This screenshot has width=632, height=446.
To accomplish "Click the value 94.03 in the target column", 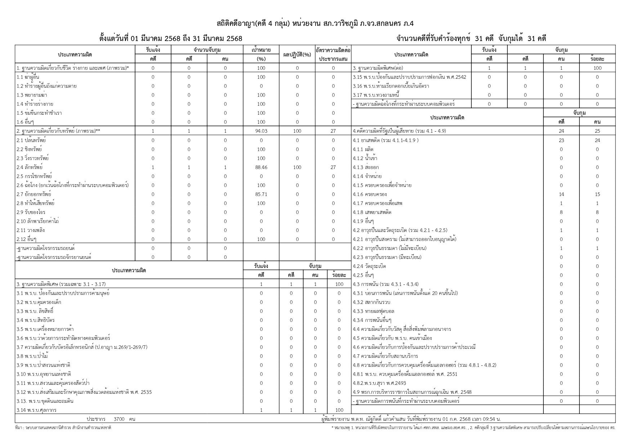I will pos(261,131).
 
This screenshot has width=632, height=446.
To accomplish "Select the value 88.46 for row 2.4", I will pos(261,167).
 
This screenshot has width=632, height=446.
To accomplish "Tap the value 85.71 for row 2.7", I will pos(261,194).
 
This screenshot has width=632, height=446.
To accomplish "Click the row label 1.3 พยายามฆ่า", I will pos(32,95).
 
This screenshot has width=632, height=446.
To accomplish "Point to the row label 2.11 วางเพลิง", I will pos(31,230).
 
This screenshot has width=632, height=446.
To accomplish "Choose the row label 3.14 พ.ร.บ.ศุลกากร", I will pos(36,410).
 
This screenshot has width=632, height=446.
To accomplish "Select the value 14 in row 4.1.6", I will pos(561,194).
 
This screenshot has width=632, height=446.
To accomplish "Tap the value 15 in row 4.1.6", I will pos(597,194).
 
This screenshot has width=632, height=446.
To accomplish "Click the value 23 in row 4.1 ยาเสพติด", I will pos(561,140).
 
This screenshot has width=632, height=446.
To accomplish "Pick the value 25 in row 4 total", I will pos(597,131).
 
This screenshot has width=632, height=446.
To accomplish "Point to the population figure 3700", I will pos(119,419).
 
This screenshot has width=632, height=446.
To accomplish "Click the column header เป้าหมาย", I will pos(261,50).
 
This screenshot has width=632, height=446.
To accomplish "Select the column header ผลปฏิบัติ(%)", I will pos(297,55).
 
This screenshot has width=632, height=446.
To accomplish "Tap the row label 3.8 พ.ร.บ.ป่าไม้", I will pos(32,356).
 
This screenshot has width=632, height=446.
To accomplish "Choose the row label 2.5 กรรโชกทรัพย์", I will pos(34,176).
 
